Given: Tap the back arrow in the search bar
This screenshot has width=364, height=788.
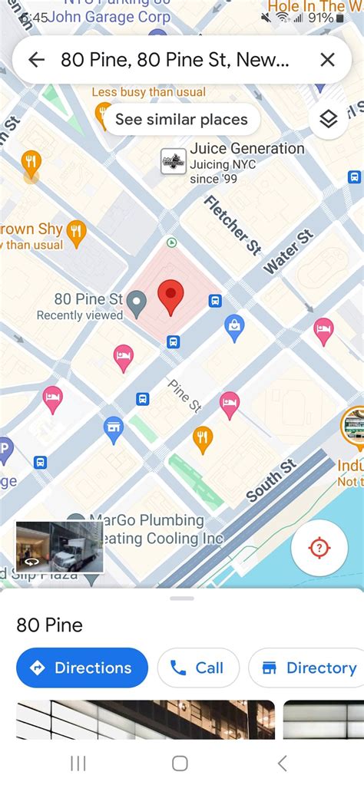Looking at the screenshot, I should [x=36, y=60].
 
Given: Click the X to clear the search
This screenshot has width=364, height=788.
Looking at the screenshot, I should [x=327, y=60].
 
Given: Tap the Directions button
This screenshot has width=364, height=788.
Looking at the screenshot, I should [x=81, y=668].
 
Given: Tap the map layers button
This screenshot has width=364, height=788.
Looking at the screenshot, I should [x=329, y=120].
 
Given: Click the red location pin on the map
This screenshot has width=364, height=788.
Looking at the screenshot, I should [x=170, y=297].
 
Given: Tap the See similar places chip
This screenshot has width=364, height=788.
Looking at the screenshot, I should [x=181, y=120].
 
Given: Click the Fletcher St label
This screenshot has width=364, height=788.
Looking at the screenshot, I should [x=232, y=225].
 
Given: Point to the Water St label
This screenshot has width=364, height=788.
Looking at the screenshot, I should [x=289, y=252].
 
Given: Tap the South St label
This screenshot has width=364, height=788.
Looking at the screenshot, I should [x=271, y=481].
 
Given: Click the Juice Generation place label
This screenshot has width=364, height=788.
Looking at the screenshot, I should [x=247, y=149].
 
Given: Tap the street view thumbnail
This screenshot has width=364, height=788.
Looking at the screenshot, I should [x=59, y=546].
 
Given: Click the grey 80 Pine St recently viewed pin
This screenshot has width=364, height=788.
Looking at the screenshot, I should [x=137, y=304].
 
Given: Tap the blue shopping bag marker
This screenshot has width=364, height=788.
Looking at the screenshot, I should [x=234, y=328].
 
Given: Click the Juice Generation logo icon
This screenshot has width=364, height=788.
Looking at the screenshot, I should [x=174, y=161].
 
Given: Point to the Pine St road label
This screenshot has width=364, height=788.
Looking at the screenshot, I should [x=184, y=395].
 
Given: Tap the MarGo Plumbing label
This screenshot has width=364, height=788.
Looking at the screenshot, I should [x=146, y=521].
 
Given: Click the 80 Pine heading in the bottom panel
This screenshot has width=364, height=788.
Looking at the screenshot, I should [x=49, y=625].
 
